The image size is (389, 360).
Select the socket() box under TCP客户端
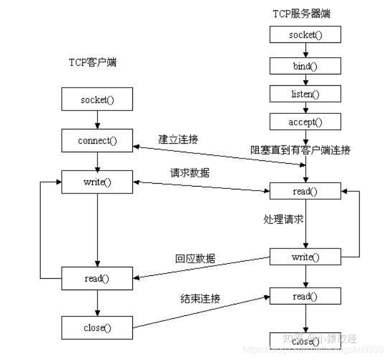(97, 100)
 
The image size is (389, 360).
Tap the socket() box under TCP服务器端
(305, 34)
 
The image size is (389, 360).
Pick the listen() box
(305, 93)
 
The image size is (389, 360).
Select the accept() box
(305, 121)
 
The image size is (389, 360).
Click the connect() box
(97, 141)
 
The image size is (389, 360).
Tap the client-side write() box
(97, 182)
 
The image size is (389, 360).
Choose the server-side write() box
(305, 257)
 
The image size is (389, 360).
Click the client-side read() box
(97, 278)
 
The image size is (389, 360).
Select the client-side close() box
(97, 327)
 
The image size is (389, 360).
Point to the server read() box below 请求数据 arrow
(305, 192)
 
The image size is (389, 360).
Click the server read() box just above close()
(305, 296)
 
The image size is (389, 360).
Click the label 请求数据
(189, 172)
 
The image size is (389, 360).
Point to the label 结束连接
(200, 298)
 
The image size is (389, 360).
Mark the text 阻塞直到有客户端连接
(300, 150)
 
